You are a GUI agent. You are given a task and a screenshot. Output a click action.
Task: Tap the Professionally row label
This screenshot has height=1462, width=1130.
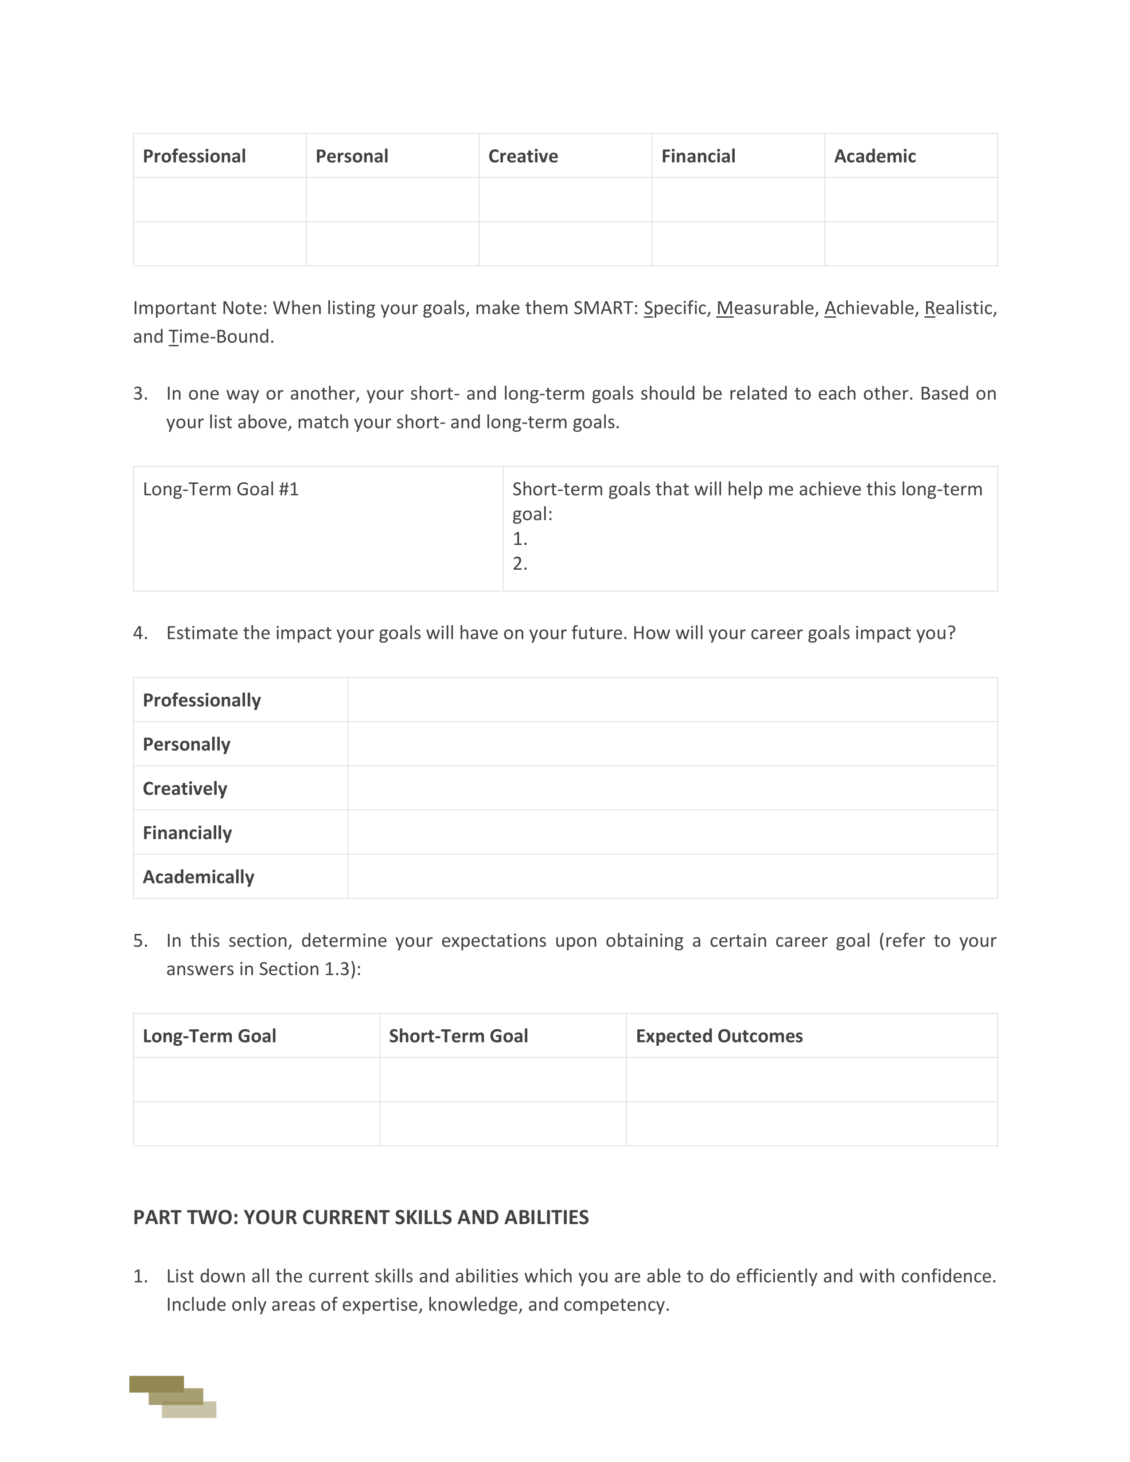pos(202,700)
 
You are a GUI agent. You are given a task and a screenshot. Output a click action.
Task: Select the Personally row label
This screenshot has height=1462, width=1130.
pos(186,744)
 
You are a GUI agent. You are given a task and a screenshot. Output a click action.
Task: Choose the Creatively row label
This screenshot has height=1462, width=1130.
pos(185,789)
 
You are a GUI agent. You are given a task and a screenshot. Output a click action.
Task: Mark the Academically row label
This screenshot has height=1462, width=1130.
pos(198,877)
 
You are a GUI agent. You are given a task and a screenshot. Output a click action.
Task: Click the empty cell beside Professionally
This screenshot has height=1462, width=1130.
pos(672,700)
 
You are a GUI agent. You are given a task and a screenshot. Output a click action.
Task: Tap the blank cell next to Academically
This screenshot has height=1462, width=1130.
pos(672,877)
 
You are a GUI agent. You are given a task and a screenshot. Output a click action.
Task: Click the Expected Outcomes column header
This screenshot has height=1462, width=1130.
pos(719,1036)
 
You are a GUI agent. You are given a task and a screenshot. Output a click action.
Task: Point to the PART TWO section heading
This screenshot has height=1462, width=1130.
pos(361,1217)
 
